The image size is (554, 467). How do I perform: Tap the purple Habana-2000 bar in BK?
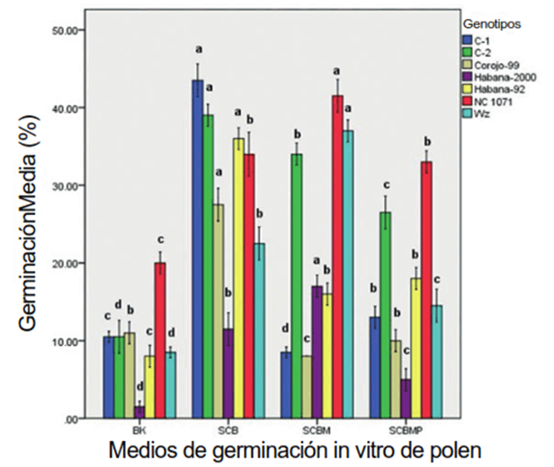(x=138, y=412)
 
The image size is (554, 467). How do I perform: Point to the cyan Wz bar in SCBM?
(x=349, y=274)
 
